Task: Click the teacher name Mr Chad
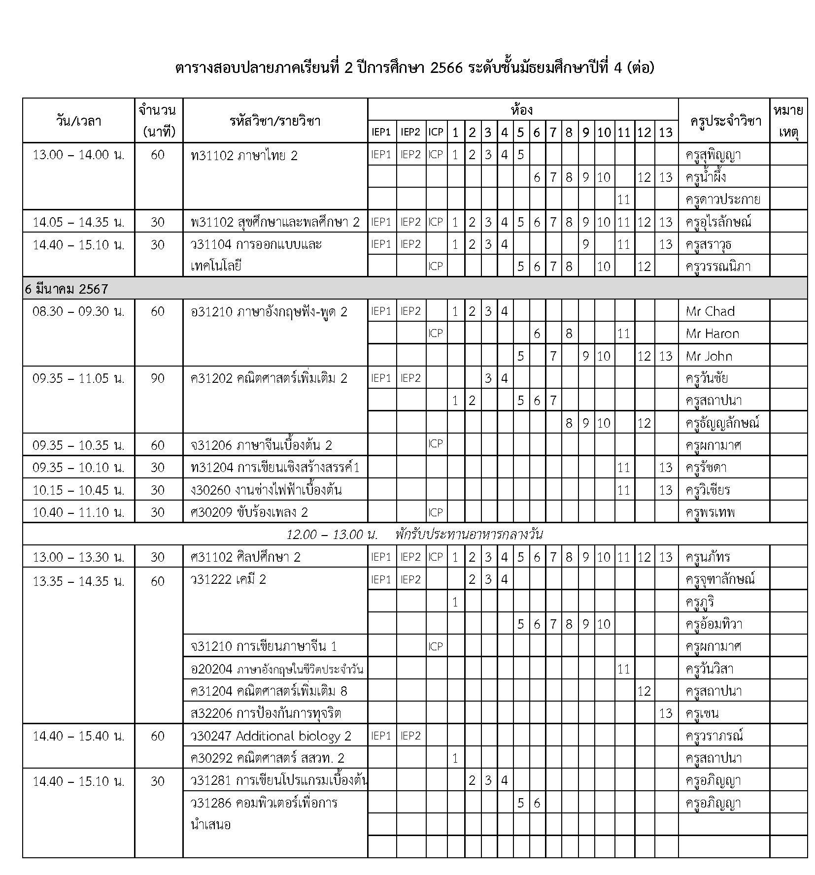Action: pos(710,311)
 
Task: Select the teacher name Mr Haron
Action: pos(712,334)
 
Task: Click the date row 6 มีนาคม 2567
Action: pos(67,289)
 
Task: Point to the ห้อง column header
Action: pos(522,109)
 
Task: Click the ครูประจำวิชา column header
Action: pos(723,121)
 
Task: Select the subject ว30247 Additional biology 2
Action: pos(271,736)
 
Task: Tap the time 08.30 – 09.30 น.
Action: pos(78,311)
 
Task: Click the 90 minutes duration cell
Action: pos(158,378)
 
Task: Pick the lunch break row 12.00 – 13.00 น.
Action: pos(414,535)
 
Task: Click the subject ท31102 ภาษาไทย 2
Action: pos(244,156)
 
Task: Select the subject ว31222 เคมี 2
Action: pos(228,579)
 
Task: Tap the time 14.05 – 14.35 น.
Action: pos(78,222)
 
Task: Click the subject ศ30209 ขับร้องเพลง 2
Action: pos(249,512)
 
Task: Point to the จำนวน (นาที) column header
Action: pos(158,121)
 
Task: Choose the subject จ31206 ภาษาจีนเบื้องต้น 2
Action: pos(261,445)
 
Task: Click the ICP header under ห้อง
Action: pos(435,132)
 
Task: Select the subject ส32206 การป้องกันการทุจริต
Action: pos(266,713)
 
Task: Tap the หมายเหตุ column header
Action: pos(788,121)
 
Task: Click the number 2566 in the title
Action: pos(446,68)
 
